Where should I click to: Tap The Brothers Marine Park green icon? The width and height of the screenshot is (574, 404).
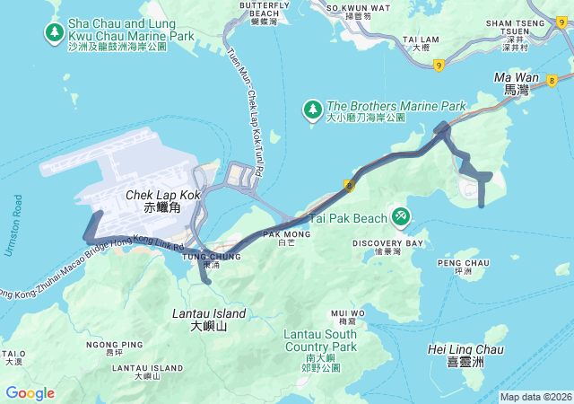coord(312,110)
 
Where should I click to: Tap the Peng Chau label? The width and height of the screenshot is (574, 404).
coord(464,267)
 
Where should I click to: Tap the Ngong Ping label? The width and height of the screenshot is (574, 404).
coord(114,348)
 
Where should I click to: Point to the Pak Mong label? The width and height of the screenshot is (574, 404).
coord(286,238)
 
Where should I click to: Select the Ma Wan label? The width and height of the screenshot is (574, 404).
coord(517,83)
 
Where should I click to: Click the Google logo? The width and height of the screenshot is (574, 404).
coord(30,393)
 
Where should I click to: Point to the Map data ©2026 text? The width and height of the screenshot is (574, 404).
coord(535,397)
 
